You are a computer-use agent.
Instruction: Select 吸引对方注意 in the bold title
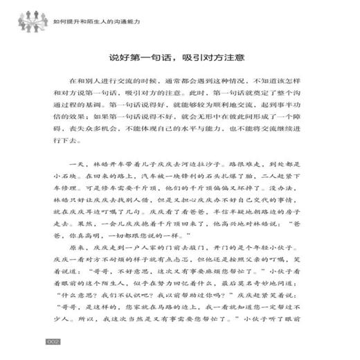click(211, 57)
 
